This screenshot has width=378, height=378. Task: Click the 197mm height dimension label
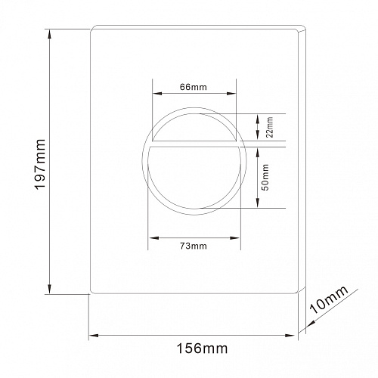(40, 164)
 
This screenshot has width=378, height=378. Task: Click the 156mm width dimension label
(202, 349)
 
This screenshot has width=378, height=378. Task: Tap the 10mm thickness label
(329, 299)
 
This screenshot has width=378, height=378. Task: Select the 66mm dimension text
(194, 87)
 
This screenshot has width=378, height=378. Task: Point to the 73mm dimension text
(194, 246)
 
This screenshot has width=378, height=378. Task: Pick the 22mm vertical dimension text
(270, 127)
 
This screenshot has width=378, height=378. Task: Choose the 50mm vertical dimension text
(265, 177)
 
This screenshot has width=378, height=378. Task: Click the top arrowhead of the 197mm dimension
(50, 34)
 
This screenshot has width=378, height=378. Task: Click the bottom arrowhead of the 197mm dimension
(50, 289)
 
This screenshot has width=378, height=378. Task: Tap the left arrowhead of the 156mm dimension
(94, 336)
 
